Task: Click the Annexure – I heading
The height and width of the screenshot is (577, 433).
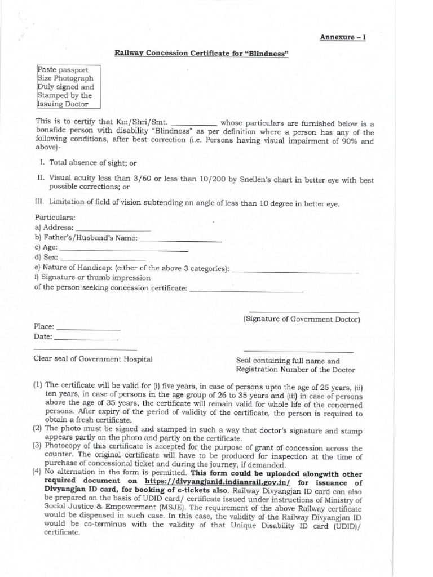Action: coord(343,37)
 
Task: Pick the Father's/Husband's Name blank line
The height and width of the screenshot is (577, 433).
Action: coord(180,240)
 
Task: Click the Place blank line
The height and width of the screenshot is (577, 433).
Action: coord(89,329)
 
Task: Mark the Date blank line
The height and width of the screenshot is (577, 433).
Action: coord(86,339)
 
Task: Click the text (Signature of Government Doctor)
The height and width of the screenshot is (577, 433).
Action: coord(302,319)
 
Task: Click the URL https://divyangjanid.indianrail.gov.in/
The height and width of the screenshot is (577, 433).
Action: coord(217,482)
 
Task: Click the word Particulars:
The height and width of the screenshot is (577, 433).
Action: coord(55,218)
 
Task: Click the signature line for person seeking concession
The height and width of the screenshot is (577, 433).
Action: coord(247,291)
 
